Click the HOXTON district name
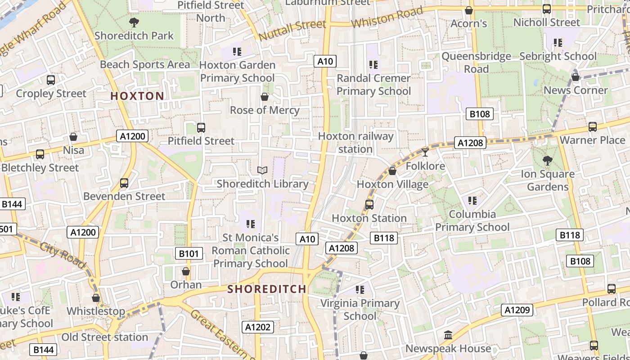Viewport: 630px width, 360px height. [x=137, y=96]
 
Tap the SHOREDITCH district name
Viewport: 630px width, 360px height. [x=267, y=289]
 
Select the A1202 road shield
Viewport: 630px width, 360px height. [x=258, y=327]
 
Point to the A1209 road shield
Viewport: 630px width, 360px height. [x=518, y=310]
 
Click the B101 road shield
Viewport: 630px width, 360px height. [x=189, y=253]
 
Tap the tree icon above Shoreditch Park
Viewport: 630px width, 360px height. [x=134, y=22]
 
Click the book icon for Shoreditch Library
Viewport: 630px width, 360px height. [x=262, y=170]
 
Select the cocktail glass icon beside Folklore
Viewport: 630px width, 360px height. [x=425, y=153]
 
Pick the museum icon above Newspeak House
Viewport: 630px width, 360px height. [x=448, y=335]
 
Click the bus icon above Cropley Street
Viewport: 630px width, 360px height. [x=51, y=80]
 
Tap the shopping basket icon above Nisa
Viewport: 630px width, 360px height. [x=73, y=136]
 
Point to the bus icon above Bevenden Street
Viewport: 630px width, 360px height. [x=124, y=183]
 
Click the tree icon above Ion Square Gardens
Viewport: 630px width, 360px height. [x=548, y=160]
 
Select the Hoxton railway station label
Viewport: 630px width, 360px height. [x=355, y=142]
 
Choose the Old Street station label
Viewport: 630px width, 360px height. [x=104, y=337]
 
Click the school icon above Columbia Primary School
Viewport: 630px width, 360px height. [x=472, y=200]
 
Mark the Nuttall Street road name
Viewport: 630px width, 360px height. [x=292, y=30]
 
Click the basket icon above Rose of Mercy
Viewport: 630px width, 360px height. [x=265, y=97]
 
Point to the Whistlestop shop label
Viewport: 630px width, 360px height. [x=96, y=311]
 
